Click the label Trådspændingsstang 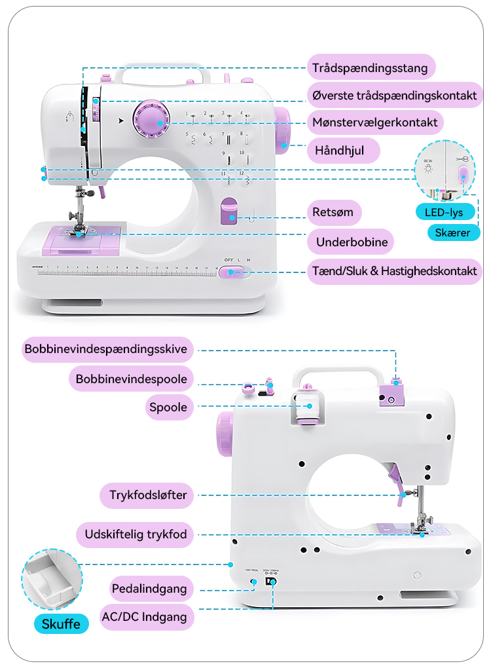(371, 67)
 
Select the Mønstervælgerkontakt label (375, 122)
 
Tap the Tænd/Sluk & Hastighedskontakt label (395, 270)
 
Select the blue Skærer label (453, 232)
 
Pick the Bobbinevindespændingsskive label (106, 349)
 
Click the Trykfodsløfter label (147, 494)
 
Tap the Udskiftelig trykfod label (136, 534)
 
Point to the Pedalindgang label (149, 588)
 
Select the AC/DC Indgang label (147, 616)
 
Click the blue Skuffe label (61, 623)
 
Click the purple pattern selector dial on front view (151, 121)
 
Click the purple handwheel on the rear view (224, 434)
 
